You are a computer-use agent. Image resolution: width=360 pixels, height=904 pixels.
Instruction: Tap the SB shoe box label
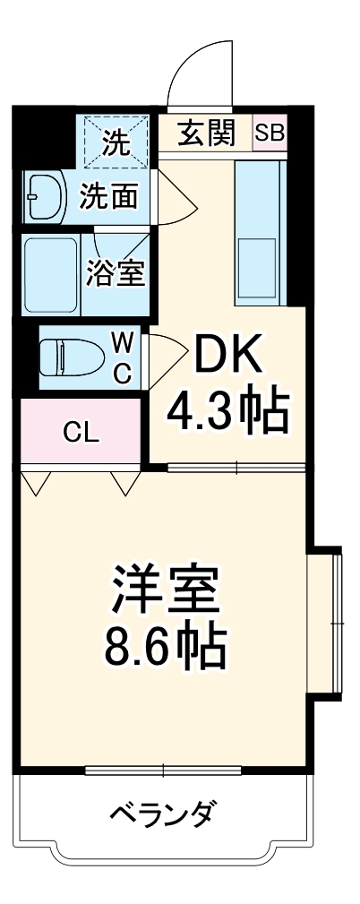(270, 133)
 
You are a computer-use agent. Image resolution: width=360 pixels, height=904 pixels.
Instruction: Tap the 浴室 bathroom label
(116, 274)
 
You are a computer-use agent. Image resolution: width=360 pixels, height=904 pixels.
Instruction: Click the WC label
(123, 357)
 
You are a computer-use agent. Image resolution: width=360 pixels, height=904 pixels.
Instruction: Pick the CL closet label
(81, 433)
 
